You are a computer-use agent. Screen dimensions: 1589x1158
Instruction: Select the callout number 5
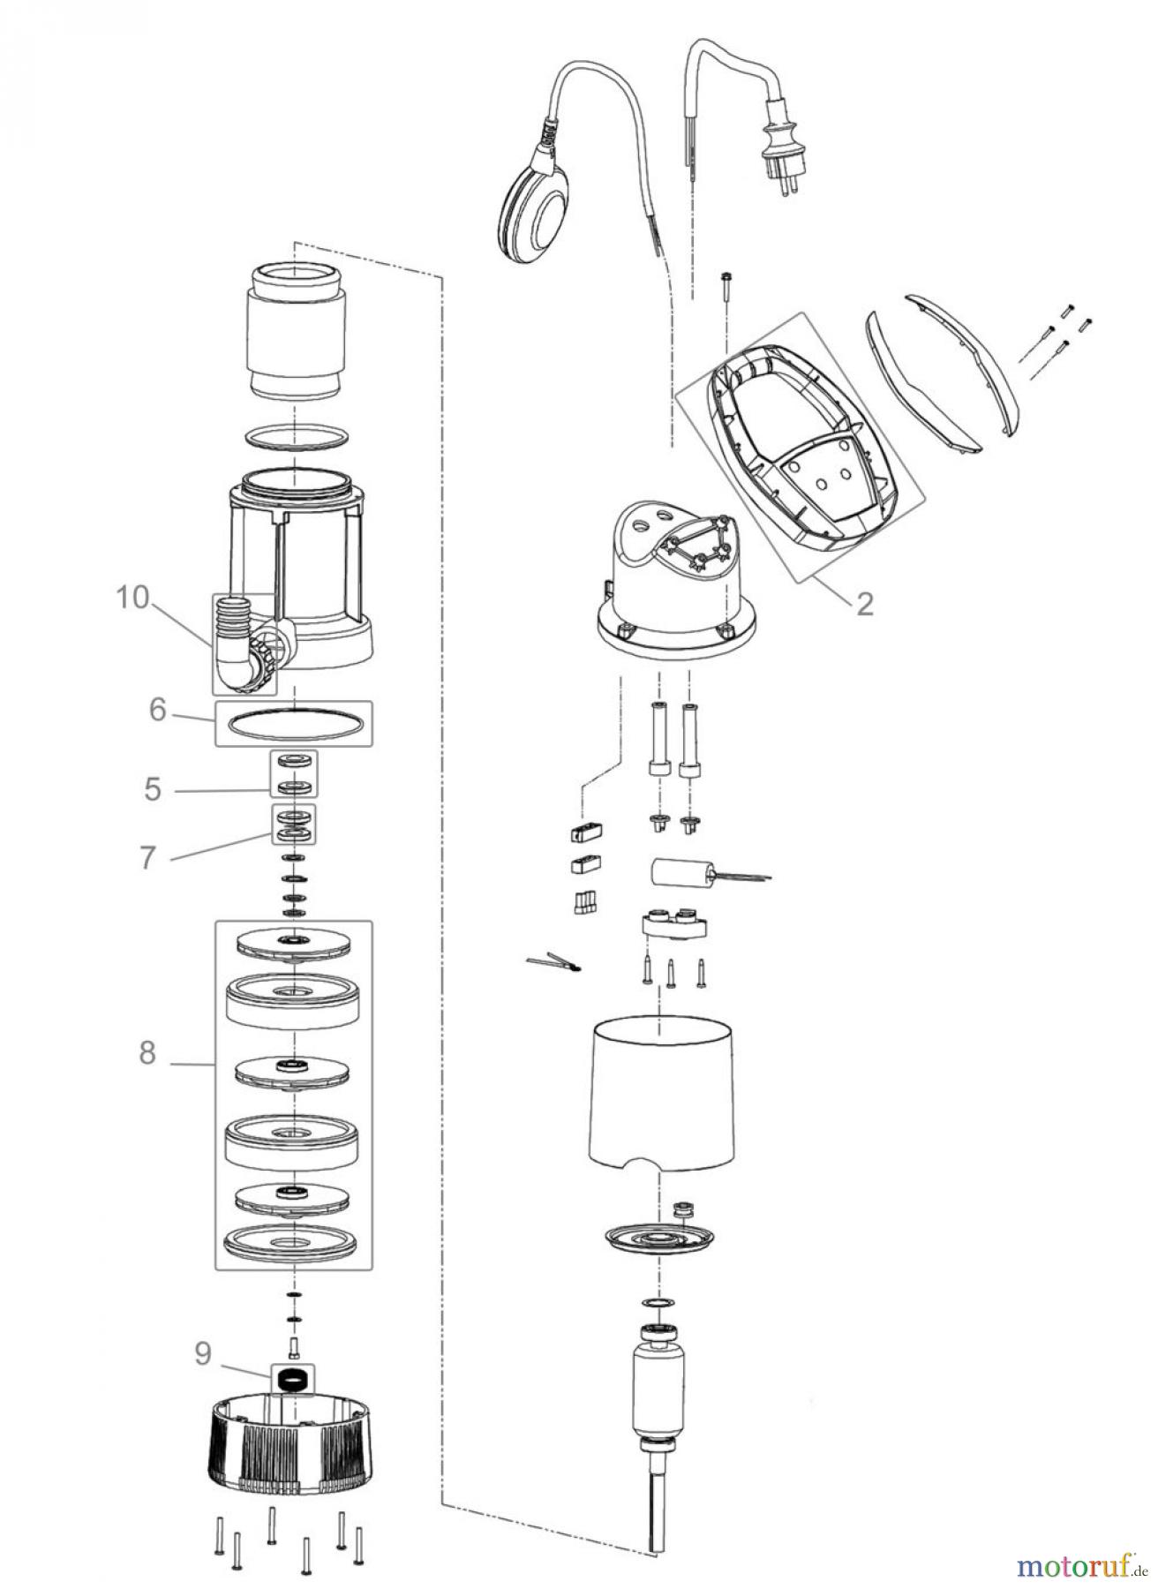(x=154, y=788)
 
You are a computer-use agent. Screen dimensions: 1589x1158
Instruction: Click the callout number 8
(x=147, y=1052)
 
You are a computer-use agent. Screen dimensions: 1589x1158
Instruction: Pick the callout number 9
(x=203, y=1353)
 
